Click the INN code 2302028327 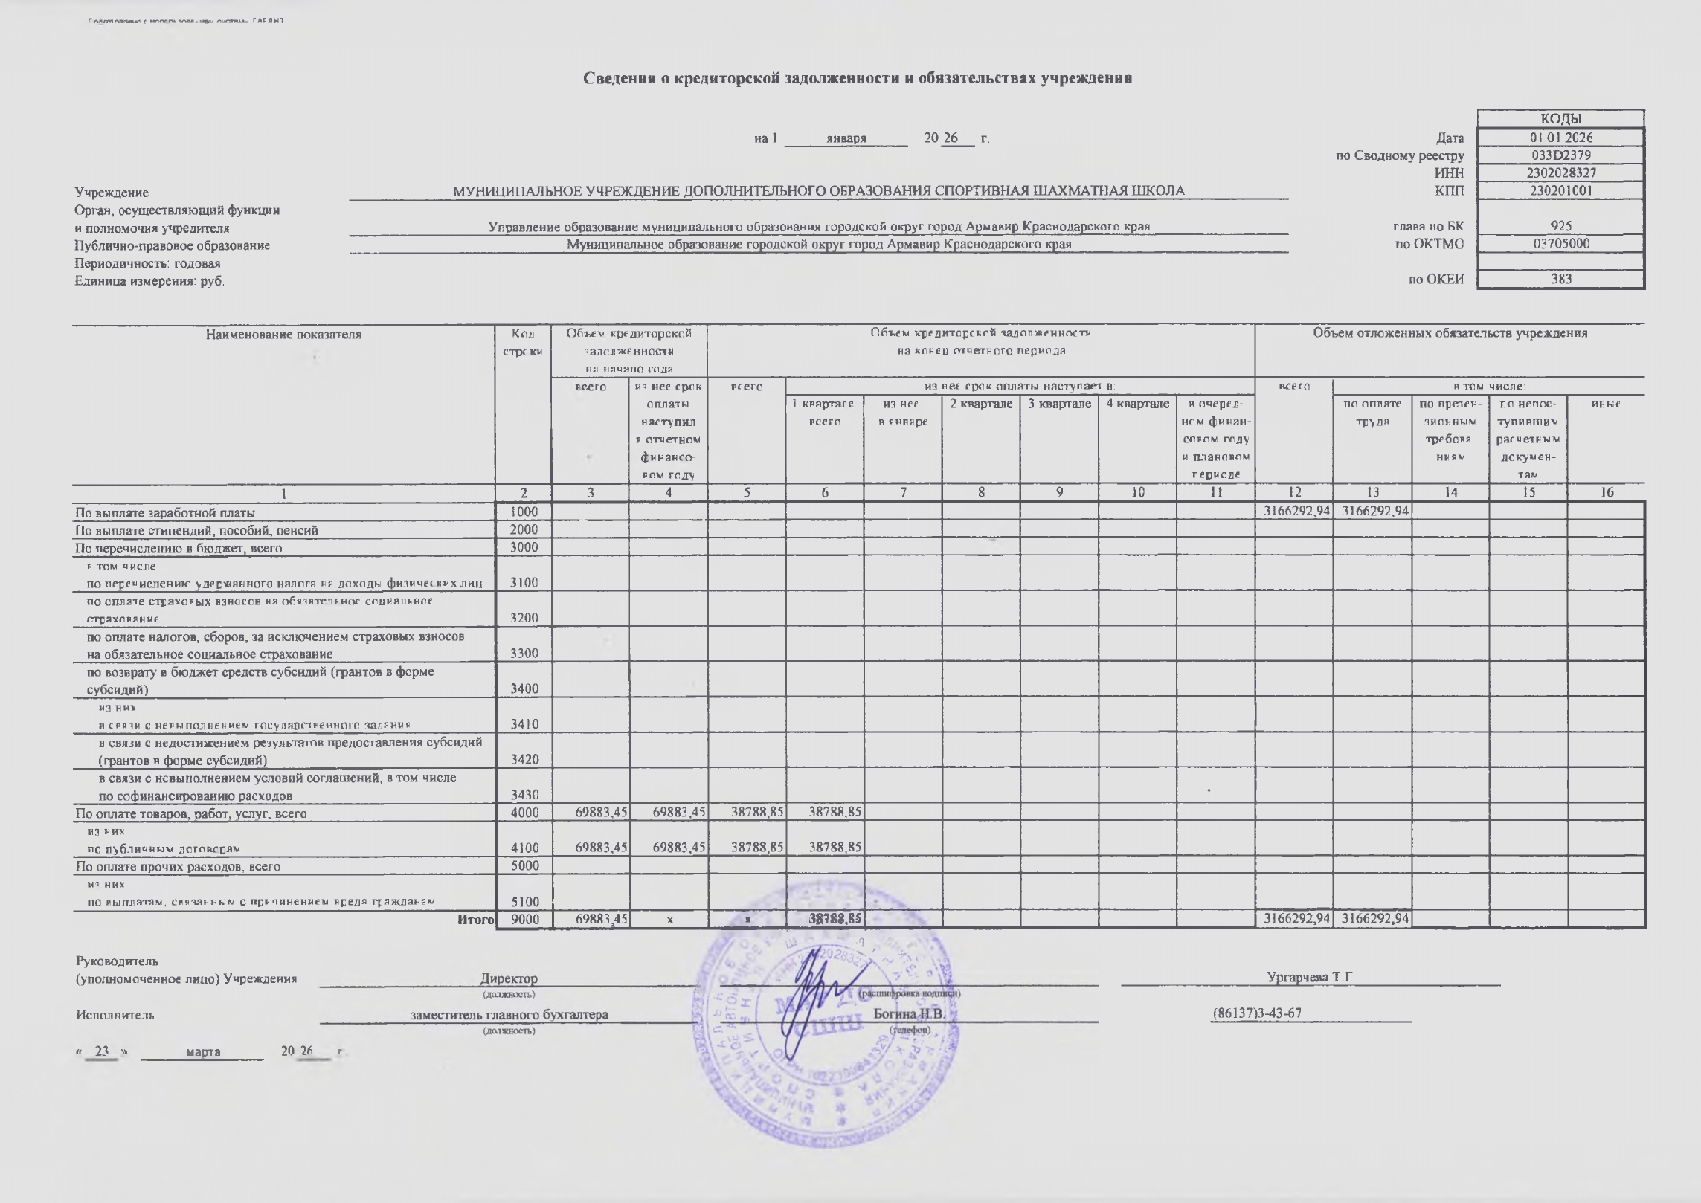[1560, 172]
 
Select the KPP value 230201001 [1560, 190]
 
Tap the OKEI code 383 [1560, 280]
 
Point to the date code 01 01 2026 [1560, 138]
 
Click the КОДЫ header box [1560, 119]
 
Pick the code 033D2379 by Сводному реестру [1560, 155]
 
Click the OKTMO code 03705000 [1560, 244]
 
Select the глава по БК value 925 [1560, 226]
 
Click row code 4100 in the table [524, 848]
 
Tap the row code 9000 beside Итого [524, 920]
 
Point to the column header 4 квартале [1137, 404]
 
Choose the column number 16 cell [1607, 492]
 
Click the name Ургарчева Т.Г [1309, 977]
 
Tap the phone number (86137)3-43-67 [1257, 1013]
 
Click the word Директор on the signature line [509, 978]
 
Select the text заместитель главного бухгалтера [509, 1015]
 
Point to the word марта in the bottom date [202, 1051]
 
